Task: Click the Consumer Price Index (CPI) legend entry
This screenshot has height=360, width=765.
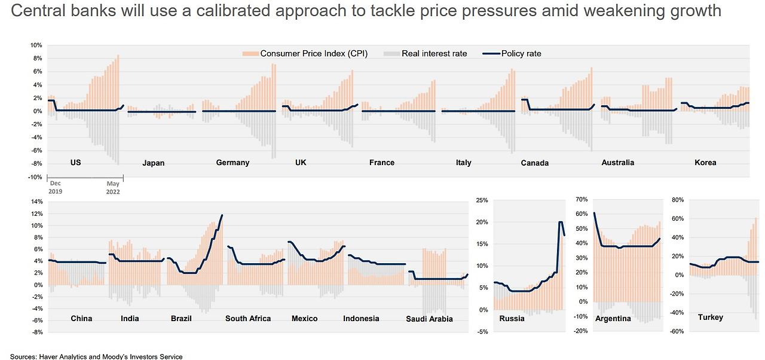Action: point(313,54)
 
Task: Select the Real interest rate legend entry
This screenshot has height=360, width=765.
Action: point(434,54)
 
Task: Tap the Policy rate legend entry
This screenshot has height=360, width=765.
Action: point(521,54)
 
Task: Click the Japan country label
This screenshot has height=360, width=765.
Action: point(154,163)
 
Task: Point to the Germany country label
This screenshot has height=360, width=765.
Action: point(232,163)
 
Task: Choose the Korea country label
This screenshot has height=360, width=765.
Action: point(705,163)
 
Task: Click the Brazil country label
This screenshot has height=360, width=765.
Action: point(181,319)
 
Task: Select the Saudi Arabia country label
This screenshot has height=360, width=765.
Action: point(429,319)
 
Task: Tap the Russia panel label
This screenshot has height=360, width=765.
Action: point(512,319)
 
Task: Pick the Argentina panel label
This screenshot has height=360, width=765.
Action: point(613,319)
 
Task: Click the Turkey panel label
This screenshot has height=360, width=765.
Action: point(710,318)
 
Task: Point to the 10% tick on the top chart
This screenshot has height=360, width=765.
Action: point(36,45)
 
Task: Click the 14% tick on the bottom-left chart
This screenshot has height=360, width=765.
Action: point(36,202)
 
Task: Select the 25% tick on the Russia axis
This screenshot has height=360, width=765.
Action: point(482,200)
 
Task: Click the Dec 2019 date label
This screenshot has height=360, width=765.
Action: point(56,187)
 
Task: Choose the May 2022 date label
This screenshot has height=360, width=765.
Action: point(113,187)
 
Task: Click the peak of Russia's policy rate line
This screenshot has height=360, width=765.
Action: point(561,222)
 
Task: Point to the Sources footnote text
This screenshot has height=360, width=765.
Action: point(96,356)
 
